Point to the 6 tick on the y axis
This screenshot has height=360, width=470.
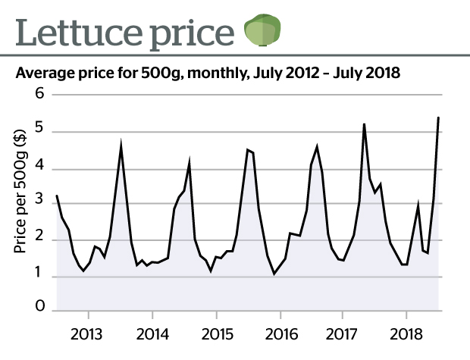coord(39,94)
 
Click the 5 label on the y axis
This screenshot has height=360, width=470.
coord(39,131)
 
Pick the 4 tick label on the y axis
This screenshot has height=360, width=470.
coord(39,168)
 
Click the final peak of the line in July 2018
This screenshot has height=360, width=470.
coord(439,117)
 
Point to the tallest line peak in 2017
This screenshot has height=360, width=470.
coord(365,124)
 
